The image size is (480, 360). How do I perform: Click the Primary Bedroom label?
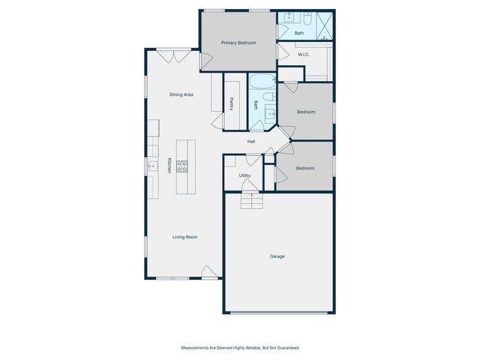(x=238, y=43)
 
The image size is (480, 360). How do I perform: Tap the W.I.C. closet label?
(x=304, y=54)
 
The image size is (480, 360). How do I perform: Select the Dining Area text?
(x=181, y=94)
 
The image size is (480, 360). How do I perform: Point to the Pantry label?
(x=232, y=104)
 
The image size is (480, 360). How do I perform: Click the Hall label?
(x=253, y=142)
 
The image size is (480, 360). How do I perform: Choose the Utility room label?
(x=244, y=175)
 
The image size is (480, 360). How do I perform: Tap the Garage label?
(x=277, y=256)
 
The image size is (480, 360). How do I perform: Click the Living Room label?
(x=185, y=237)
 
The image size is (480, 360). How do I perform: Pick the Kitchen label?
(x=169, y=166)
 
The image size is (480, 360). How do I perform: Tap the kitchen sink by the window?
(x=151, y=166)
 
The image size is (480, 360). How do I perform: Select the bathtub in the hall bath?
(x=263, y=83)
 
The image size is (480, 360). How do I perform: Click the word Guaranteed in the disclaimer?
(x=286, y=347)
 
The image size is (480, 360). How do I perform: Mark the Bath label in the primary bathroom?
(x=299, y=33)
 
